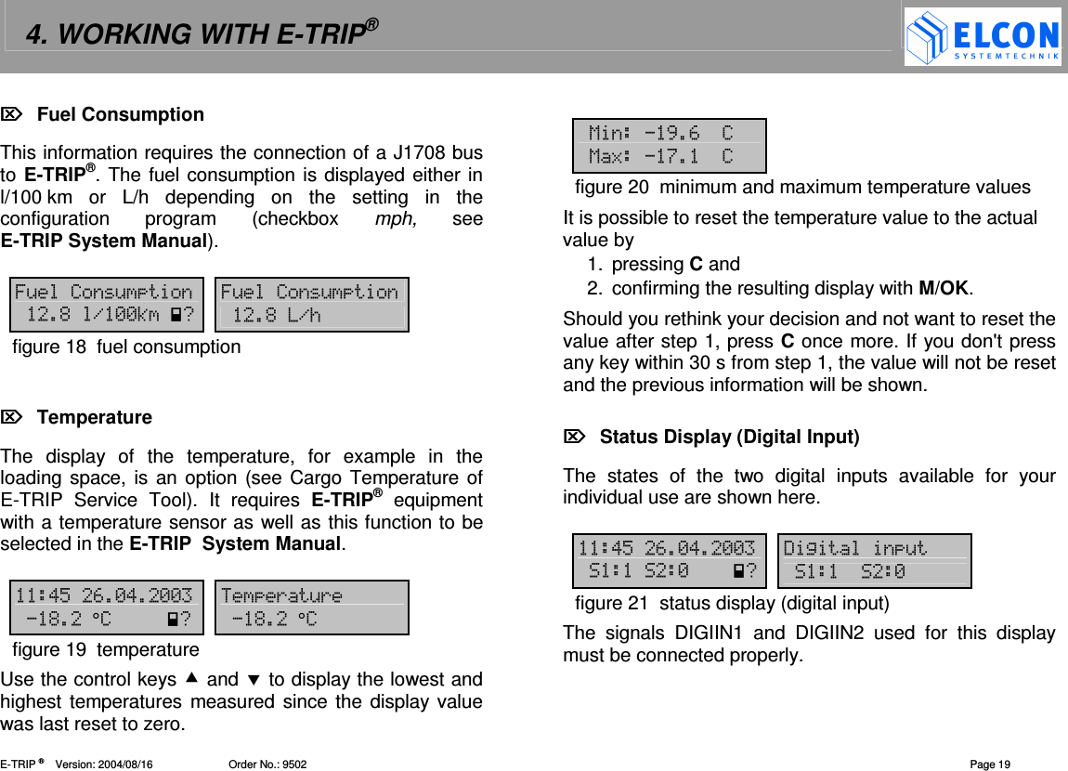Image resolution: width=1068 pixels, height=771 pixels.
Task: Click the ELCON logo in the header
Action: [983, 37]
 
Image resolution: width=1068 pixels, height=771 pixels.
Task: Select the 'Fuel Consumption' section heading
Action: [120, 114]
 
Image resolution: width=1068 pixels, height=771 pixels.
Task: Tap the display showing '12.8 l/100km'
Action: [106, 305]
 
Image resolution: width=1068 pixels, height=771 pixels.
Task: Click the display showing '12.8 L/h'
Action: [311, 305]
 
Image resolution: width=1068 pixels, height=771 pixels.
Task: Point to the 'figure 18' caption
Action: [126, 346]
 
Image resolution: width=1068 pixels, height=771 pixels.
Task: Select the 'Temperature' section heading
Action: [94, 417]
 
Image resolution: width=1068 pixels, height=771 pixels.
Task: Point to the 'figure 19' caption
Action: [106, 648]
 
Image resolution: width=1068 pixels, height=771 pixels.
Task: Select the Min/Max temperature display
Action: [670, 146]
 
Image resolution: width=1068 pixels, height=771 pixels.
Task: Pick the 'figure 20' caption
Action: [802, 188]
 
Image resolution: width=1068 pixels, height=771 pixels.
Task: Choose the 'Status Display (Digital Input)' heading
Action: [729, 437]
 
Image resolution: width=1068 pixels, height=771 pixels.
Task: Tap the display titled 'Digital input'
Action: [877, 561]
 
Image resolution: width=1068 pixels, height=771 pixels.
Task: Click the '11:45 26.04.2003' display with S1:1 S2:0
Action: [670, 561]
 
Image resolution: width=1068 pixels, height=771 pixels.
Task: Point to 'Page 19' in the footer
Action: [990, 764]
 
